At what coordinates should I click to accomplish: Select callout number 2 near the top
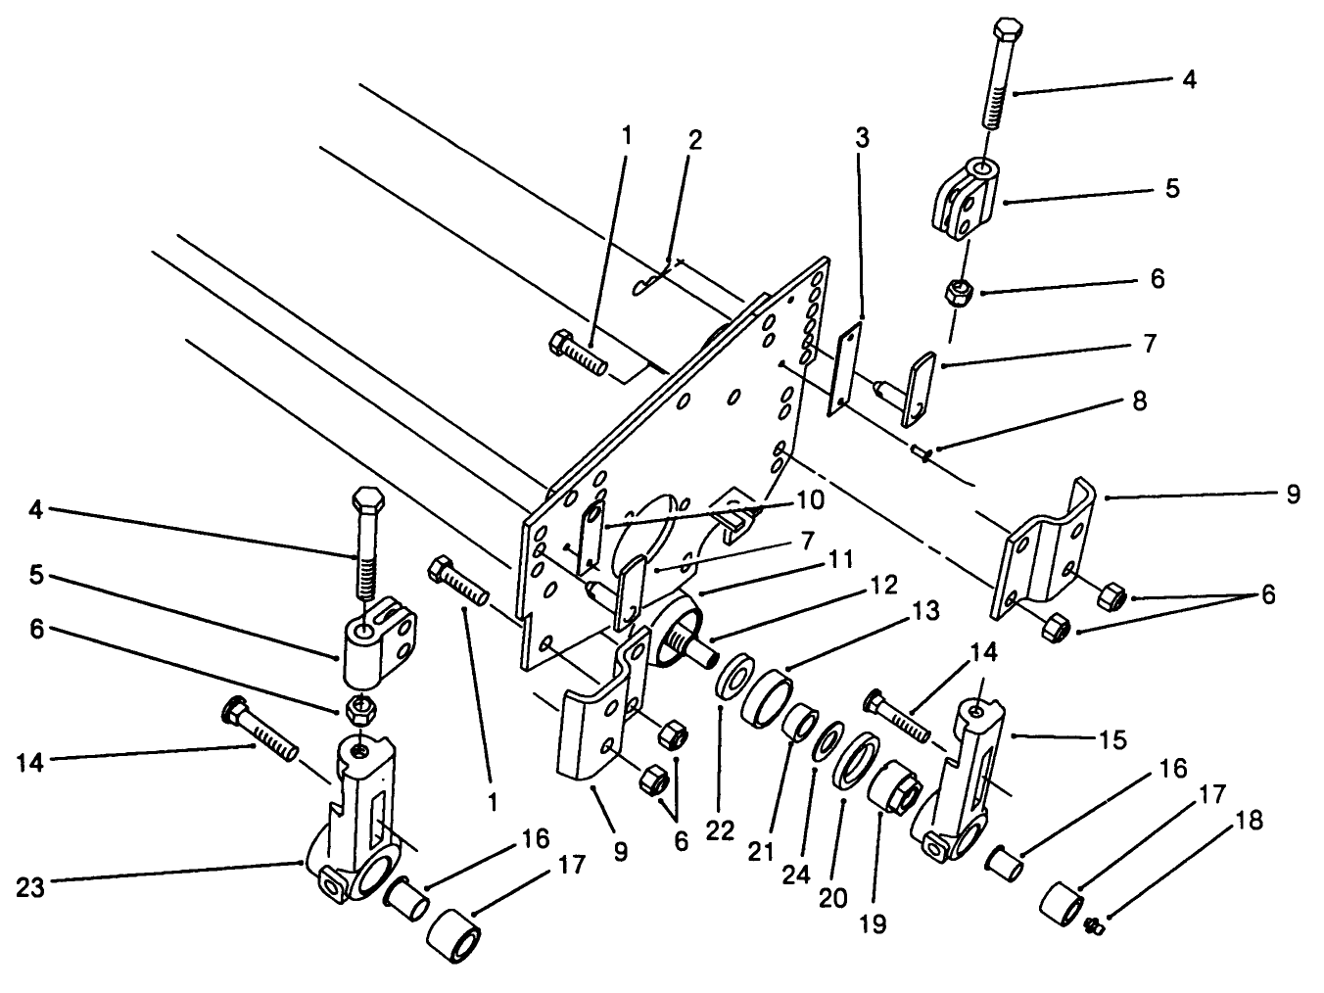(x=694, y=139)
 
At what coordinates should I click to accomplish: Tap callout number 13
(x=924, y=612)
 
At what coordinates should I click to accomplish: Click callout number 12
(x=884, y=587)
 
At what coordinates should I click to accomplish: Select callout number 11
(x=841, y=559)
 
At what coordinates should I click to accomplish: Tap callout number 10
(x=811, y=499)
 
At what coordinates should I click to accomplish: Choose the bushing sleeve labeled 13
(x=768, y=695)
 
